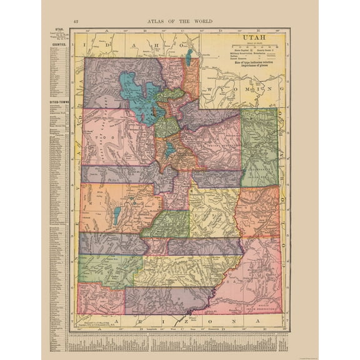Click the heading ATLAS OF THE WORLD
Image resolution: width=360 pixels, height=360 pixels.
pyautogui.click(x=180, y=22)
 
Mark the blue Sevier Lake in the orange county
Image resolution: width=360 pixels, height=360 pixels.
pyautogui.click(x=117, y=216)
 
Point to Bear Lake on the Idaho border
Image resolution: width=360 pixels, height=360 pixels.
pyautogui.click(x=188, y=57)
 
